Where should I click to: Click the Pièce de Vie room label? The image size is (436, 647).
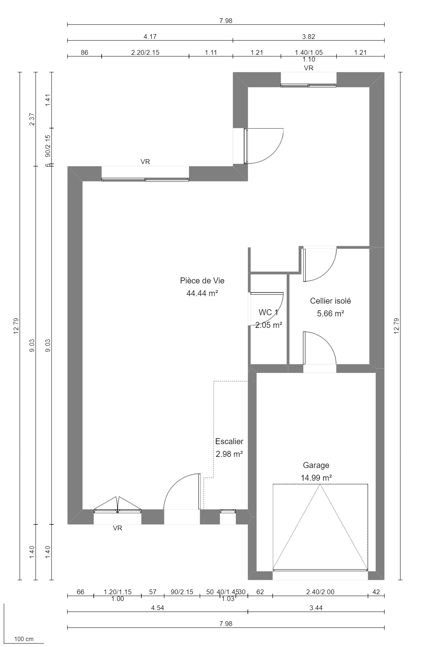coord(202,281)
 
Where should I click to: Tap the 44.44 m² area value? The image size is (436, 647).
coord(203,293)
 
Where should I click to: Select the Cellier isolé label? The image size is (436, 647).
coord(330,301)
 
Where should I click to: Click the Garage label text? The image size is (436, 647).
coord(316,465)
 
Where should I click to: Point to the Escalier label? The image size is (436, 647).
coord(229,441)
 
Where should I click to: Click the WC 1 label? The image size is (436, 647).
coord(268,312)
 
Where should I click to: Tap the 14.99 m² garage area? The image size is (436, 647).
coord(316,478)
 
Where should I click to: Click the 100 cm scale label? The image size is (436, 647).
coord(24,639)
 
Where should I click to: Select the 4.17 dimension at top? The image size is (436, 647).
coord(150,37)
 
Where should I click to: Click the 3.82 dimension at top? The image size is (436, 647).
coord(309,37)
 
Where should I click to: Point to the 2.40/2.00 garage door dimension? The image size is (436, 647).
coord(320,592)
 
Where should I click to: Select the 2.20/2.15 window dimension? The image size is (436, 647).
coord(145,52)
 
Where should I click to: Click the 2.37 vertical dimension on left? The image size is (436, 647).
coord(32,119)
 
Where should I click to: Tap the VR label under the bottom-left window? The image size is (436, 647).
coord(117,528)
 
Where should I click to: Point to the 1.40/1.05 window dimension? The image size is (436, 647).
coord(309,52)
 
